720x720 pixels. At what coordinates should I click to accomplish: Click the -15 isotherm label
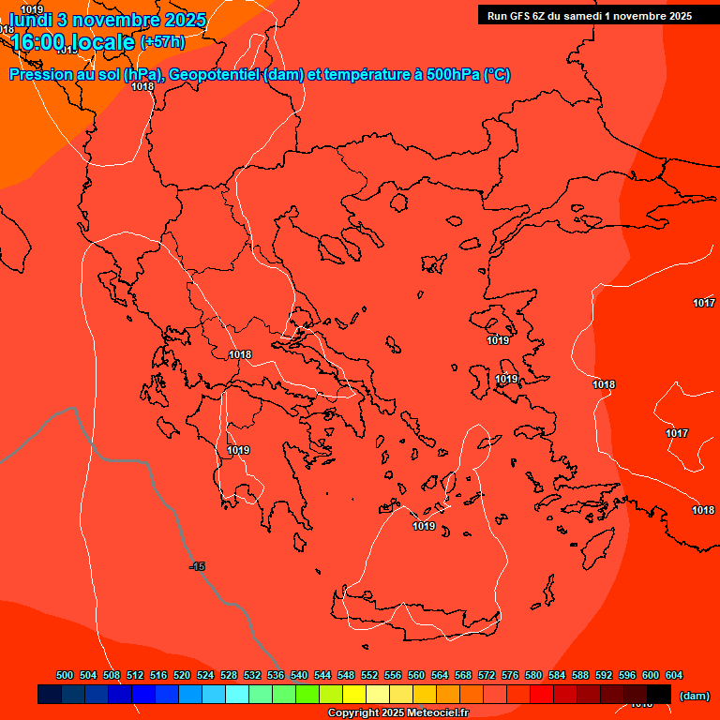click(197, 566)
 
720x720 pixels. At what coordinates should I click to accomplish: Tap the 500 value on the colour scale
click(65, 675)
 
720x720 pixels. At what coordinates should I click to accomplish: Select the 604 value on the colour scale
click(674, 675)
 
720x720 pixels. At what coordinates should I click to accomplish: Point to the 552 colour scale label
click(369, 675)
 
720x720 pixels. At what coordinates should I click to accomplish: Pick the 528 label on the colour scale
click(229, 675)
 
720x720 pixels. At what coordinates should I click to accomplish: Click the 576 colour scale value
click(510, 675)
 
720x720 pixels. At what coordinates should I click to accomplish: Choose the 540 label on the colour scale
click(299, 675)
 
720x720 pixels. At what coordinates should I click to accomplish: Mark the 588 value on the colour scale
click(580, 675)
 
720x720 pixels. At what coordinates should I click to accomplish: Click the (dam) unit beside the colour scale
click(694, 696)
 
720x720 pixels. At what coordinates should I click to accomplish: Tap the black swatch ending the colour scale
click(659, 695)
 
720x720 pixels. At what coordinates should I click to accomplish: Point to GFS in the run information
click(521, 16)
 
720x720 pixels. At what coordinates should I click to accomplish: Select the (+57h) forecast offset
click(162, 42)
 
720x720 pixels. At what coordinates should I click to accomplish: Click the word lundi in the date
click(30, 20)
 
